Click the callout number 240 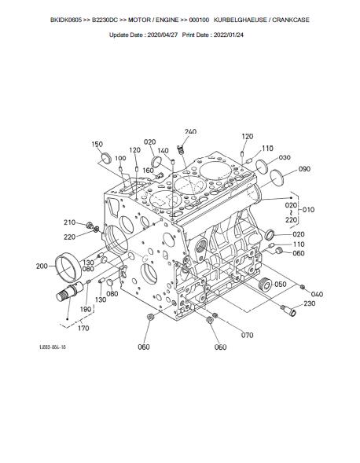190,131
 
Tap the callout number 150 97,144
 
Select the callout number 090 304,168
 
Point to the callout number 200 42,266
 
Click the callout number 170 83,328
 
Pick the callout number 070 247,335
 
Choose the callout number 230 309,303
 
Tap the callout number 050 281,284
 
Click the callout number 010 308,210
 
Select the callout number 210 69,222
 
